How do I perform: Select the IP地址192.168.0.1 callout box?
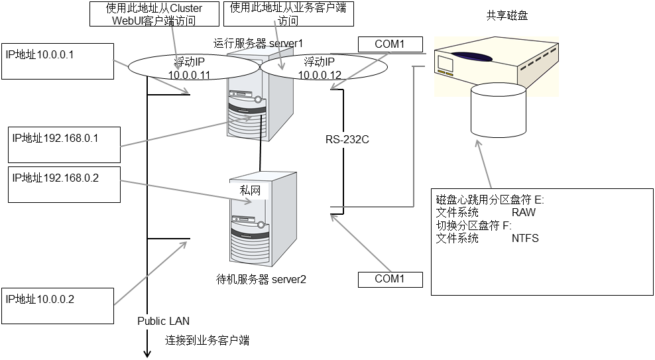coord(64,143)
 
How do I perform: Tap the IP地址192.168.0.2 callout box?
coord(64,184)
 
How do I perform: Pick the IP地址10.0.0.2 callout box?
coord(58,306)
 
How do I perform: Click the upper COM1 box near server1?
coord(390,44)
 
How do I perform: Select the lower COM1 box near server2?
coord(390,279)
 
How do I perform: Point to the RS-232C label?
coord(347,140)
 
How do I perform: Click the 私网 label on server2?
coord(249,190)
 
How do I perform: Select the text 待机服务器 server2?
coord(261,279)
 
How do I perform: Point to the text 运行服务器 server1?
coord(259,44)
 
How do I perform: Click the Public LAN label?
coord(163,321)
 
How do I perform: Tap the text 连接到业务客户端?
coord(207,341)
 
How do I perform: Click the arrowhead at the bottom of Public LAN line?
coord(147,353)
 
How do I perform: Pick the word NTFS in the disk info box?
coord(525,238)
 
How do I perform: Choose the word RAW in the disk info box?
coord(523,213)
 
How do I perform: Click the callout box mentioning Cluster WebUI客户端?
coord(154,13)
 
